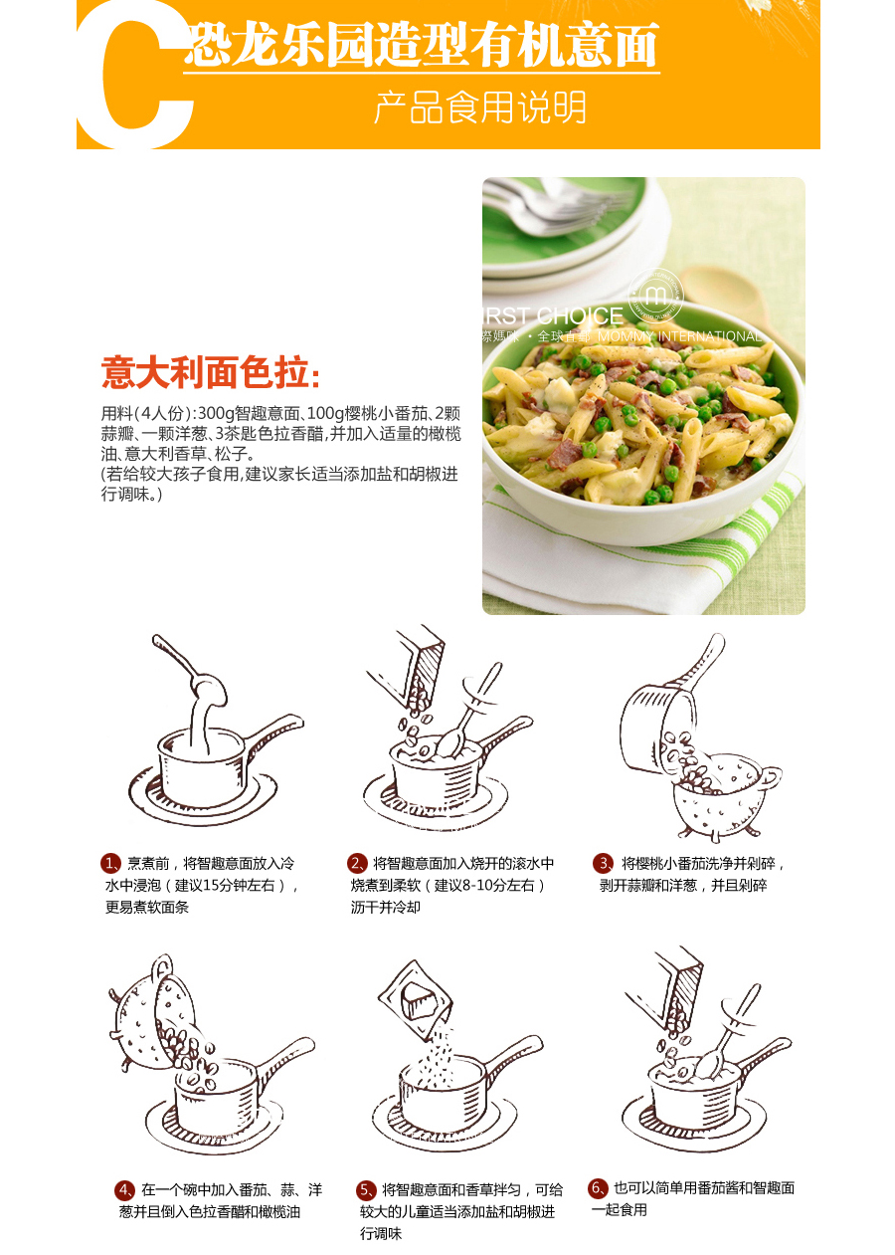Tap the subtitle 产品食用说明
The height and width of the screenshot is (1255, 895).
pos(479,107)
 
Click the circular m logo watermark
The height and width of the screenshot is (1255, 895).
pos(657,294)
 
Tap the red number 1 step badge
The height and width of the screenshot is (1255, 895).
pos(110,863)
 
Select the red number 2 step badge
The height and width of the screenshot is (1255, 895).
pos(357,863)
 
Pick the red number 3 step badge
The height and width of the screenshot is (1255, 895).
pos(603,863)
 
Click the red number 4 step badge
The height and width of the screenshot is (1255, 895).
pos(124,1189)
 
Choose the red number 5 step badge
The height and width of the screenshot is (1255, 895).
pos(366,1189)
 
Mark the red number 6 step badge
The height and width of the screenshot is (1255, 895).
pos(598,1187)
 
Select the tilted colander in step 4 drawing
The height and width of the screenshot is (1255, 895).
pos(149,1015)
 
